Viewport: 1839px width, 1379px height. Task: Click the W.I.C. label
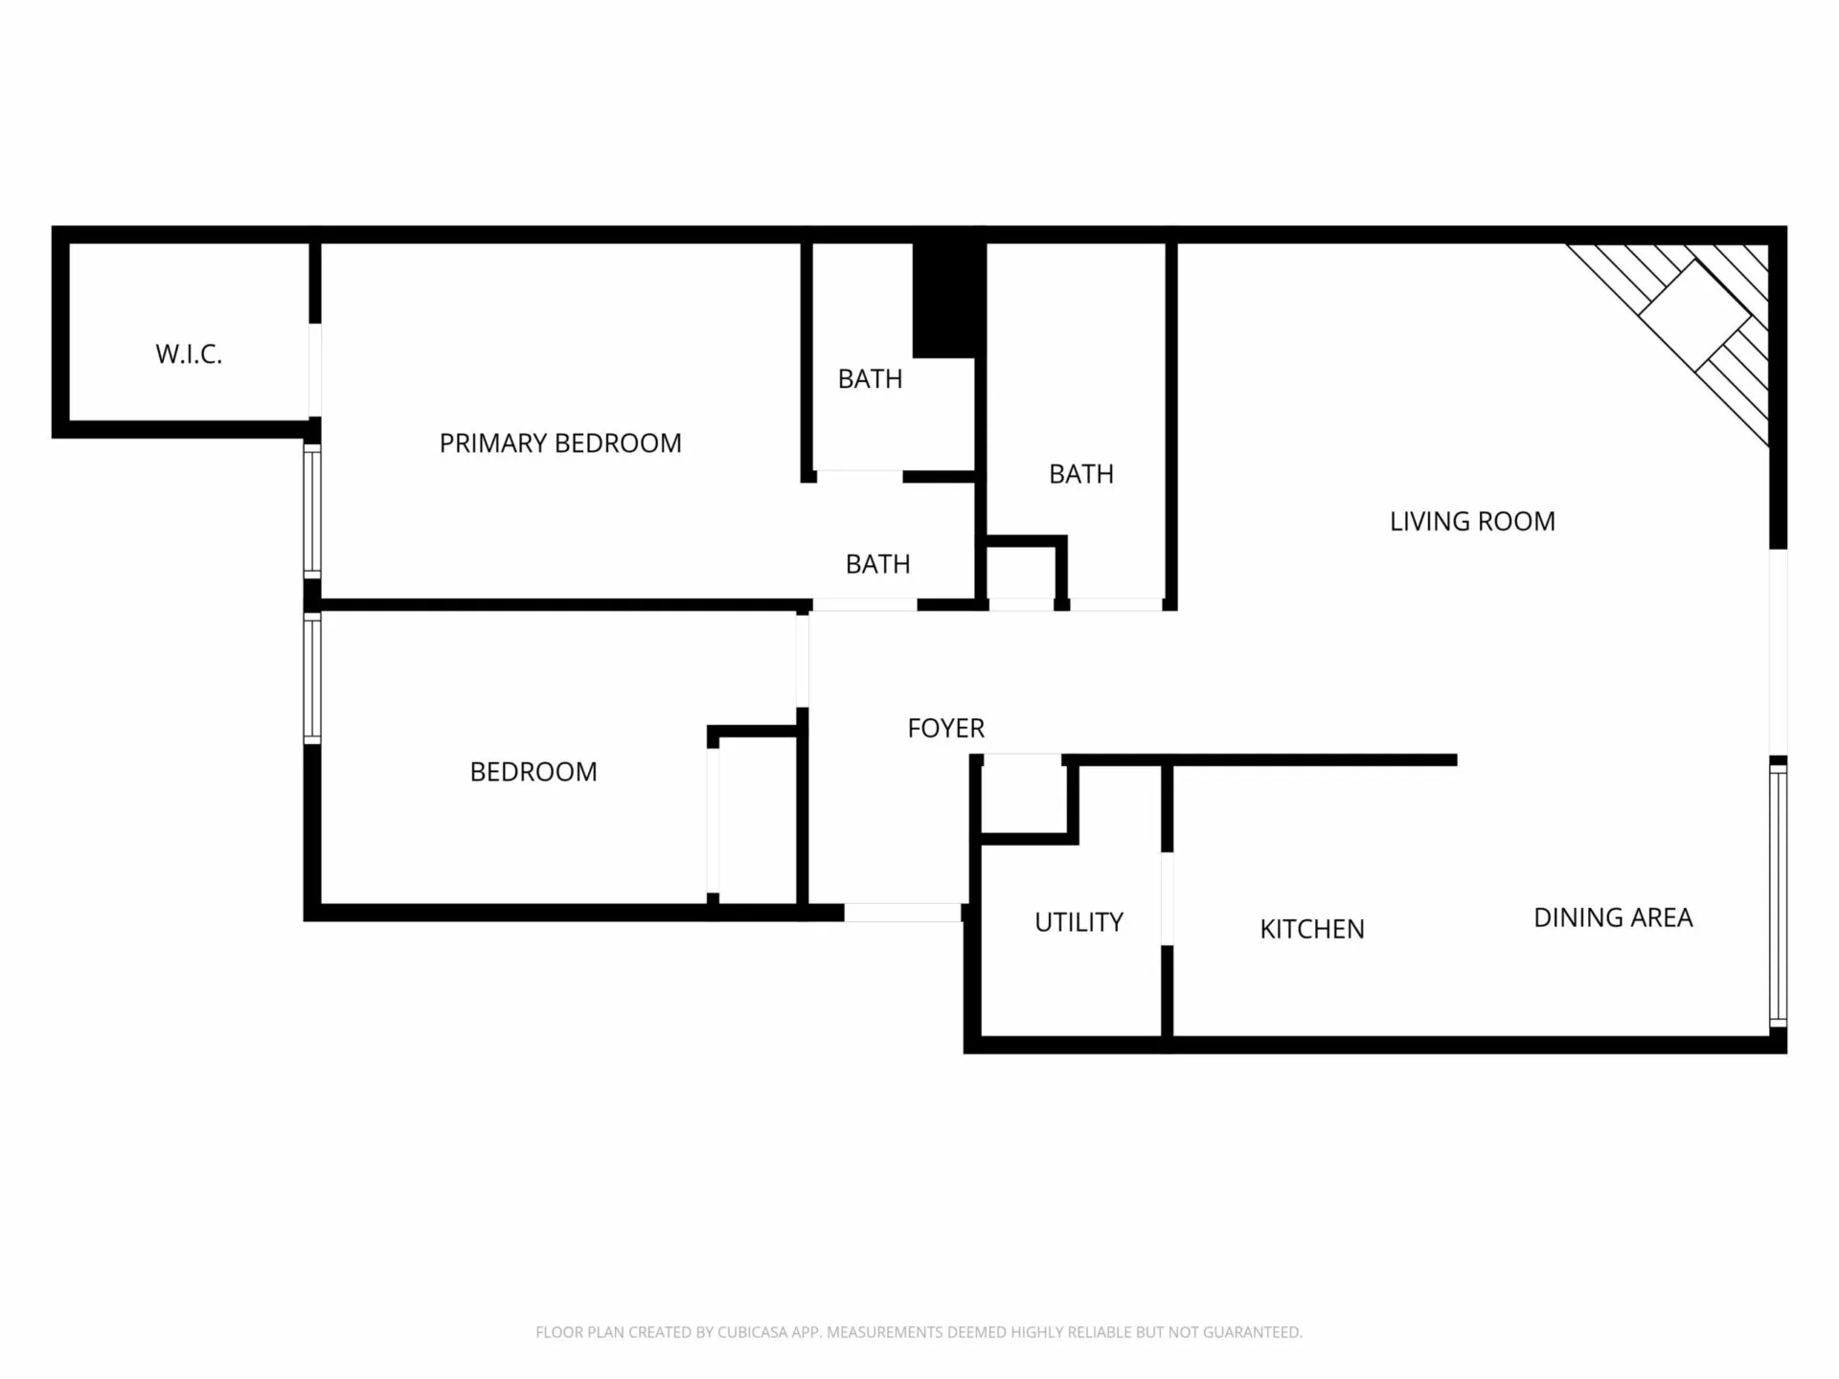click(189, 354)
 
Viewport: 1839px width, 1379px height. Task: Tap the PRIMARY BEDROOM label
click(560, 443)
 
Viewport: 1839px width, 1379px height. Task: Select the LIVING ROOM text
click(1472, 522)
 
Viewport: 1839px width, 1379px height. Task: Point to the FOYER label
click(945, 729)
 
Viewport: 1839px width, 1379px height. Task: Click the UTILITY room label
click(1078, 922)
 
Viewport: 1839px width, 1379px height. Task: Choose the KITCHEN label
click(1311, 929)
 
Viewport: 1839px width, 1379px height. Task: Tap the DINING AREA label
click(1613, 917)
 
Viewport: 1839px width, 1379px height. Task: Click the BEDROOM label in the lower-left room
click(534, 772)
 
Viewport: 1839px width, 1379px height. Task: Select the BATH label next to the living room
click(1081, 474)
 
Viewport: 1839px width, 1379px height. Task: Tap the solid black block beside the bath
click(943, 300)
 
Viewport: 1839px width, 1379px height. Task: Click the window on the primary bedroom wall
click(312, 510)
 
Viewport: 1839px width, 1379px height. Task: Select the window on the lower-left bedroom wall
click(312, 678)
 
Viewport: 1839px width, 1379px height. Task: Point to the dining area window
click(1778, 895)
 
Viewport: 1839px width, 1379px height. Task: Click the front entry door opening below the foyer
click(902, 913)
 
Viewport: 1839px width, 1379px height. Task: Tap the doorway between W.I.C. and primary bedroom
click(314, 370)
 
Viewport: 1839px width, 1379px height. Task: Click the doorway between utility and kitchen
click(1167, 898)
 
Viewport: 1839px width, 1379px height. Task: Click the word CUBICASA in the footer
click(754, 1332)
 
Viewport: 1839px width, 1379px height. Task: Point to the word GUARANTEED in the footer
click(1253, 1332)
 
